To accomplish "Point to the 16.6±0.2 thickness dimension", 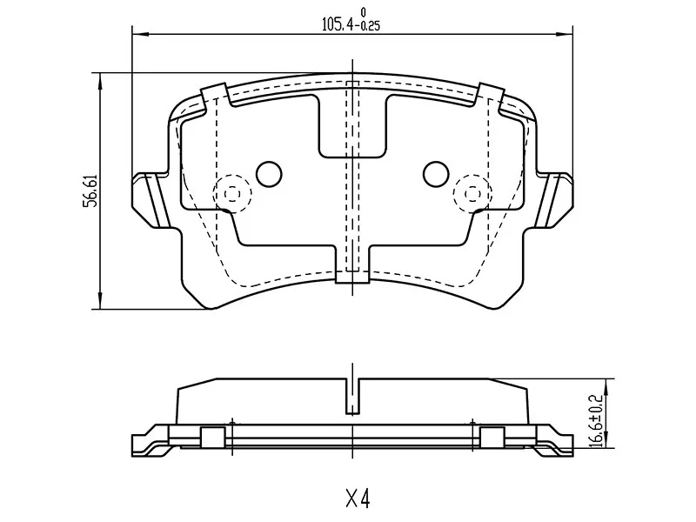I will click(596, 419).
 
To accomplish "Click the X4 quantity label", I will click(358, 499).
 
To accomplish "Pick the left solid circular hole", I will click(271, 174).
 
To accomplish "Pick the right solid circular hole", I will click(435, 174).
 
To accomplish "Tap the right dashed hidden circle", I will click(472, 191).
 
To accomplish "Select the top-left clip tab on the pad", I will click(214, 95).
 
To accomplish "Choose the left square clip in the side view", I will click(212, 437).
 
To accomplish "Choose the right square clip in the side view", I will click(492, 437).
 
